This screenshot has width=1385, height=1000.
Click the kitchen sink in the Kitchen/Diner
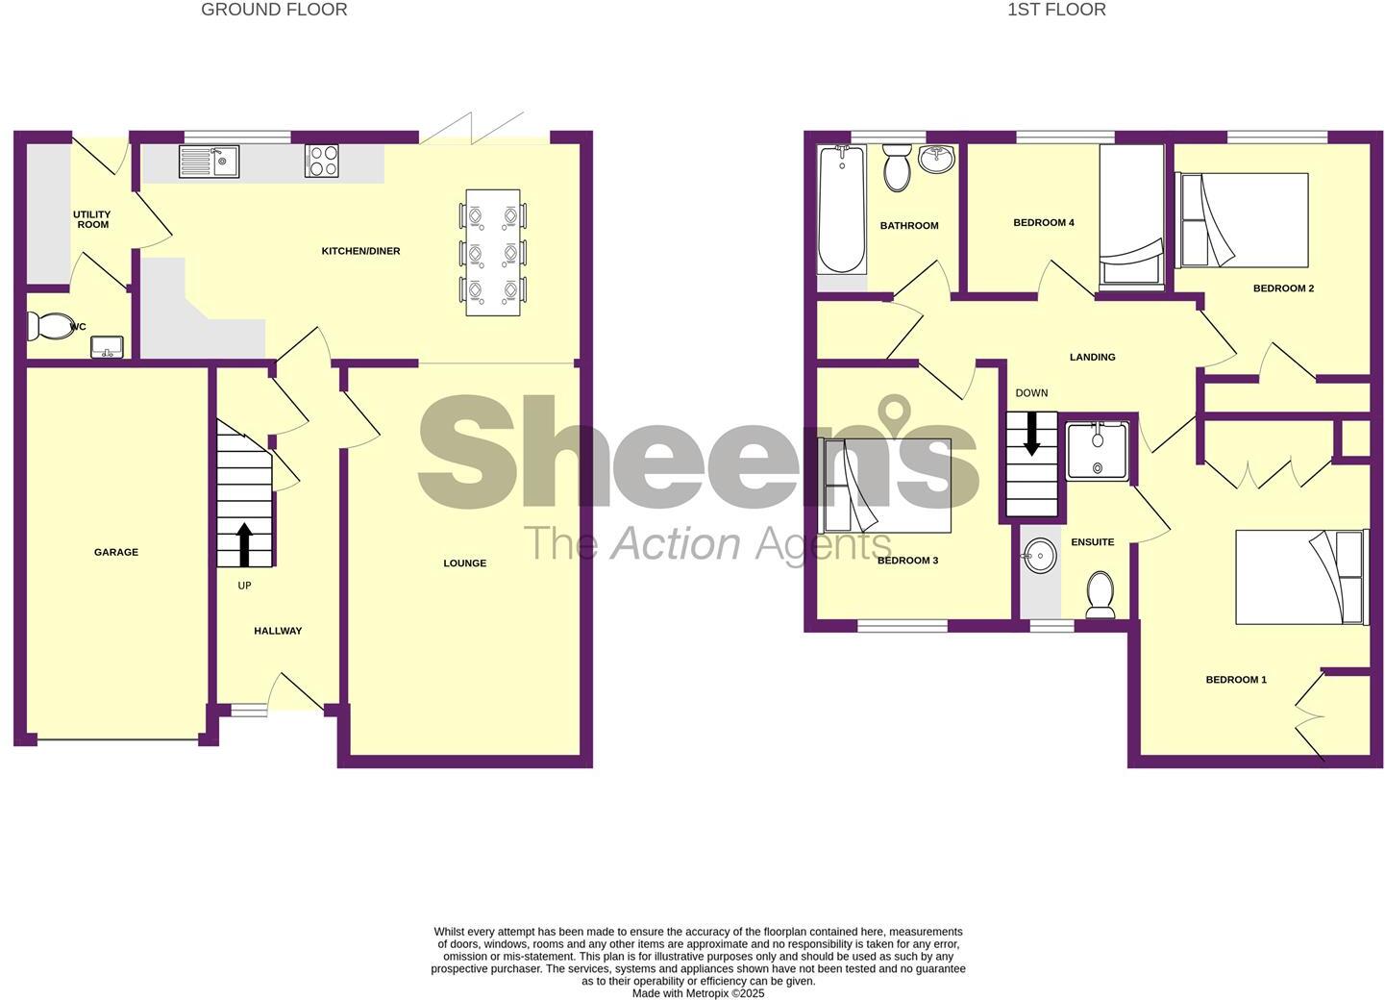pos(209,162)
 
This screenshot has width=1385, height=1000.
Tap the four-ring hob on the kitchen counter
pos(322,161)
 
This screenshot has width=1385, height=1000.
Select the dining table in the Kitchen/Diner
pos(493,252)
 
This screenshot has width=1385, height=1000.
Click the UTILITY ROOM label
pos(92,219)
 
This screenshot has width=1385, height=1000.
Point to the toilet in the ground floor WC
pos(49,326)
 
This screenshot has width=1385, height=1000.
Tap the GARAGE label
pos(116,552)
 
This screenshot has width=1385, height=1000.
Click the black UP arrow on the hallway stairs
pos(245,545)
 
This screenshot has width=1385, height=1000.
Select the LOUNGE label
pos(465,563)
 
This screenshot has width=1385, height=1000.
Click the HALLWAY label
pos(278,631)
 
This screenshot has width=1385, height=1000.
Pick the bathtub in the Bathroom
pos(842,209)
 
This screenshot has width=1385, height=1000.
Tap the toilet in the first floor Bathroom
pos(897,167)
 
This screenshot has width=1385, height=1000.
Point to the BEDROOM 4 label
pos(1044,223)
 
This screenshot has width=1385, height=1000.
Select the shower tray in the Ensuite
pos(1099,451)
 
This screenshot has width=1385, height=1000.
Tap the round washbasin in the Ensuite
pos(1039,556)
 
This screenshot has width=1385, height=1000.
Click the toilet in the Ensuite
pos(1101,594)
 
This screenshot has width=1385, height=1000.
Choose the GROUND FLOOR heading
pos(275,10)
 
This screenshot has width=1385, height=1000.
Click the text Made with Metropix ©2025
pos(698,994)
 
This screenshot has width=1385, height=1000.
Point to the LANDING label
pos(1093,357)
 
